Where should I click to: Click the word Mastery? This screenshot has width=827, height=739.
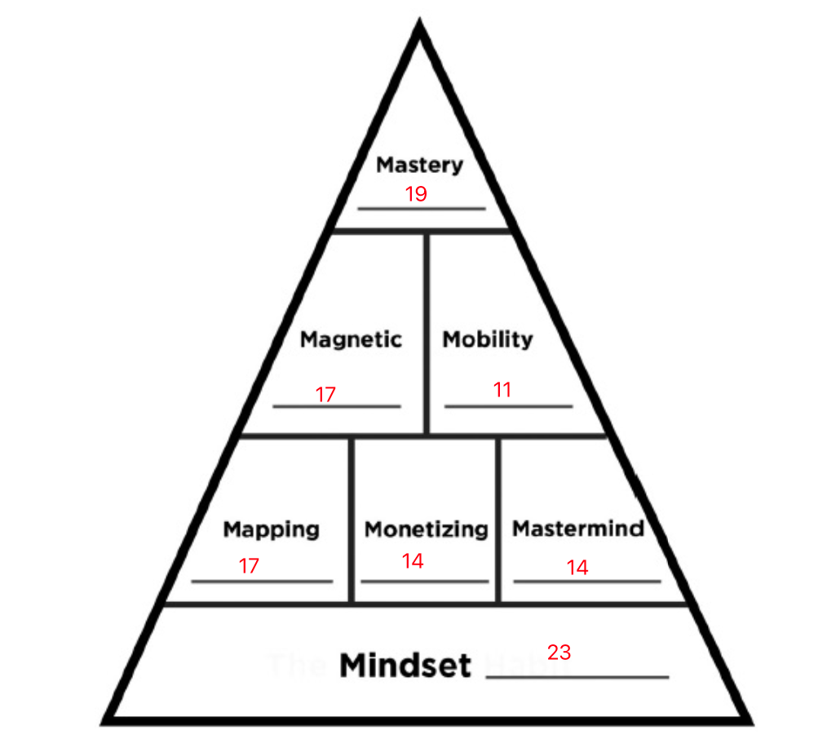419,166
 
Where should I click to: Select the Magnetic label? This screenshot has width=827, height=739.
351,339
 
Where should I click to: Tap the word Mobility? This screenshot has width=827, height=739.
488,339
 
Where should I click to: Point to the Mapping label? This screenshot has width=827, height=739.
272,529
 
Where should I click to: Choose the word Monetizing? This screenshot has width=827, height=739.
426,529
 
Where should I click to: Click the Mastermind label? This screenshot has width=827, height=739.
578,529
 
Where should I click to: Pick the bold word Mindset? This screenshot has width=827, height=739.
405,666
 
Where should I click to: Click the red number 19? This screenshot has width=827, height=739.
416,194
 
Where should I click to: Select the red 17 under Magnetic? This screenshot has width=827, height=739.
325,395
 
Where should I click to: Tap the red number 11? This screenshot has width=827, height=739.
502,390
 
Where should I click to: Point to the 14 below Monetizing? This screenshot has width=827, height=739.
413,561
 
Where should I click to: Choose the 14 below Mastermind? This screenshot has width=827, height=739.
577,568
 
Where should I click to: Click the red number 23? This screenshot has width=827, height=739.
559,653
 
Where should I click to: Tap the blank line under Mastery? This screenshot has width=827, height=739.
421,209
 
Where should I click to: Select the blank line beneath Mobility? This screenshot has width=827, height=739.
508,405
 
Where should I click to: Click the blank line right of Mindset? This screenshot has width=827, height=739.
577,677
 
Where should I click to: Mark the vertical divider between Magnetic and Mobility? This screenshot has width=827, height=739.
426,333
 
